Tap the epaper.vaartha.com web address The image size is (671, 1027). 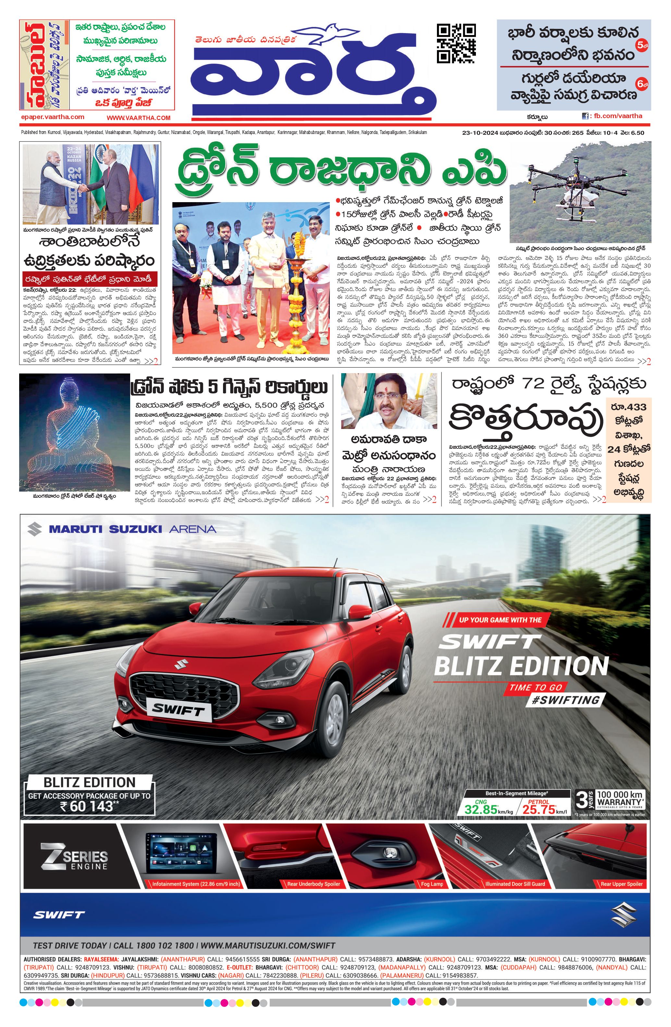[x=52, y=117]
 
